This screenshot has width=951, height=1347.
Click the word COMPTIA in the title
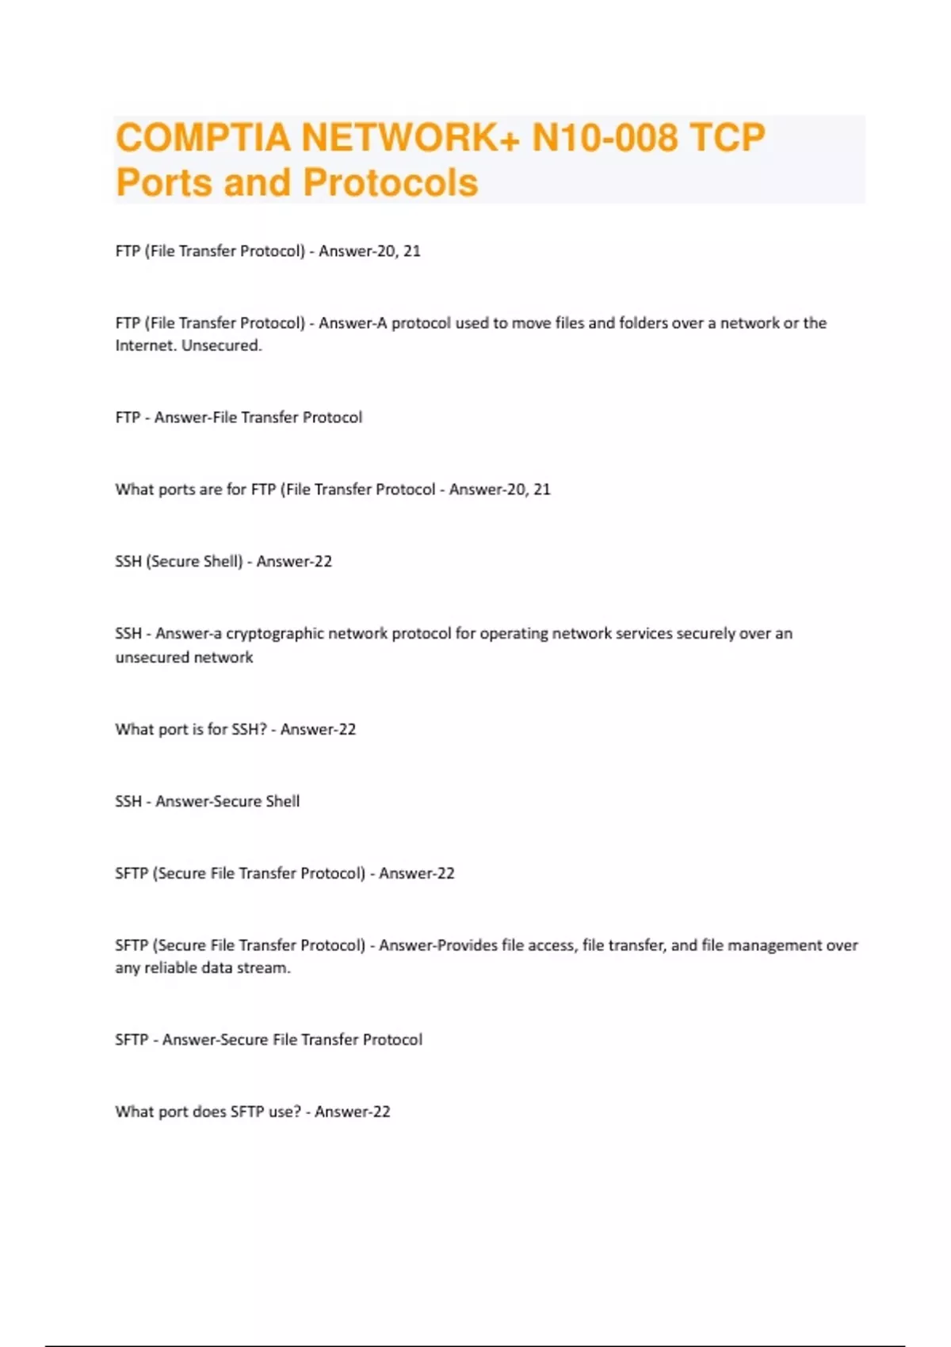tap(202, 137)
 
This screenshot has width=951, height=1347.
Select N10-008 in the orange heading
tap(605, 137)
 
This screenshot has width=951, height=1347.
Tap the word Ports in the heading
tap(163, 182)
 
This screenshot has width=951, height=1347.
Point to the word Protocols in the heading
tap(391, 182)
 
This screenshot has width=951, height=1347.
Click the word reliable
tap(174, 968)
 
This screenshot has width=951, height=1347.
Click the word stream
tap(265, 968)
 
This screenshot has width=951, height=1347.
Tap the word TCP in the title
tap(727, 137)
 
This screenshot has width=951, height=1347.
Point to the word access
tap(552, 945)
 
